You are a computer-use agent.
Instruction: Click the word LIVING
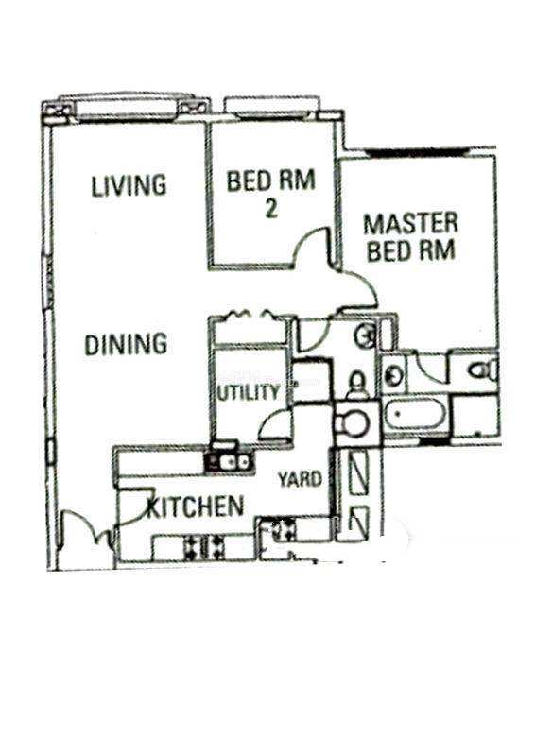[129, 185]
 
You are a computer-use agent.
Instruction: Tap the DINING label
[126, 344]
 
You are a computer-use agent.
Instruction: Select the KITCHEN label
[196, 507]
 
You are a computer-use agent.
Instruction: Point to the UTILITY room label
[248, 392]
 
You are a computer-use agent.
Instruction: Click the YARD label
[300, 479]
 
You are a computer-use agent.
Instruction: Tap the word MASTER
[410, 224]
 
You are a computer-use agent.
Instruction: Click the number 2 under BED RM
[271, 208]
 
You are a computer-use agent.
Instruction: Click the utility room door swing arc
[272, 422]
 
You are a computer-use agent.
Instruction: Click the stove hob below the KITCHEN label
[204, 548]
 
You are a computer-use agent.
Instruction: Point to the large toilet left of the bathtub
[353, 424]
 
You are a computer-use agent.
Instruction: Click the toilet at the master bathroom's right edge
[482, 370]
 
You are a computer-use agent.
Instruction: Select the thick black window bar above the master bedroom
[417, 152]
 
